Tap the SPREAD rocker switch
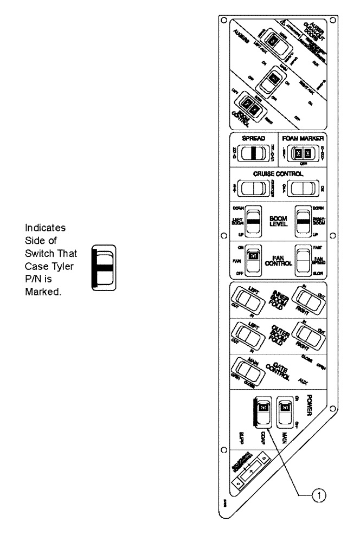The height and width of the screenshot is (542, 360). tap(254, 152)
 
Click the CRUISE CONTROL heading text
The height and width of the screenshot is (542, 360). tap(279, 175)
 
